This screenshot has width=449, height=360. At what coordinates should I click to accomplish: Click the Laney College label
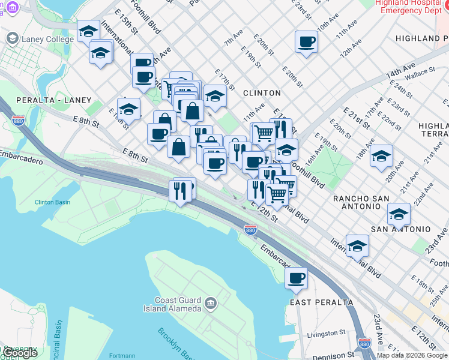[48, 39]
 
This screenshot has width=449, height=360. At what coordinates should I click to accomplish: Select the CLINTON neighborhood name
[262, 93]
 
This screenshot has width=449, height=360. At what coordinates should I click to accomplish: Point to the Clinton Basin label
[52, 202]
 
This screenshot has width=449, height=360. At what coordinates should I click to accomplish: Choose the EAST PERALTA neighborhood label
[322, 302]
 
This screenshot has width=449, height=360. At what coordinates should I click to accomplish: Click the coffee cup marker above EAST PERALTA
[297, 278]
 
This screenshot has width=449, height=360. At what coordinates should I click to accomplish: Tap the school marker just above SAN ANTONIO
[399, 213]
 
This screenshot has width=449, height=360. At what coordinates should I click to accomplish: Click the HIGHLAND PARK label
[421, 38]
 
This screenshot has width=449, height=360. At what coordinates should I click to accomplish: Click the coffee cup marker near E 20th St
[306, 42]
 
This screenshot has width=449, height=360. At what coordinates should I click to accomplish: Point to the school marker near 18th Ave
[381, 156]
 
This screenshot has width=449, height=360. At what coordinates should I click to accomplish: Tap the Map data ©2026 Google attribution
[412, 355]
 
